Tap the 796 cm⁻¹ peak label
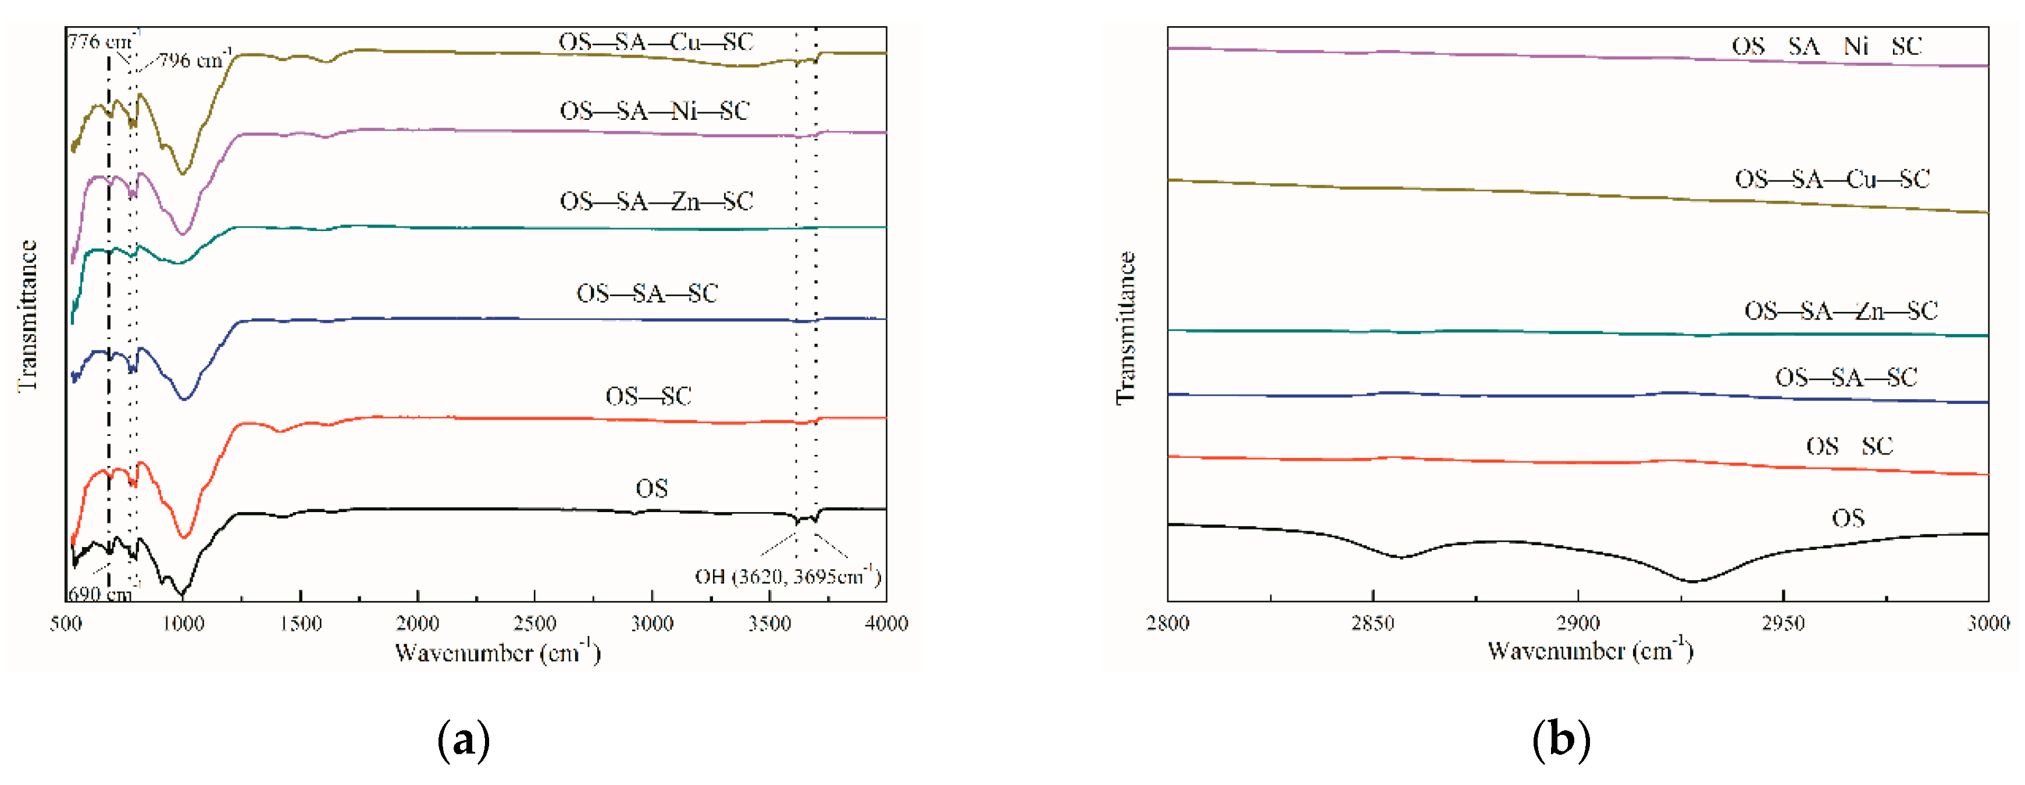[x=192, y=60]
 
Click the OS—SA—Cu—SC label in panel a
[x=655, y=42]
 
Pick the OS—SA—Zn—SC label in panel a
[x=655, y=201]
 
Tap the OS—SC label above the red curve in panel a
[x=648, y=396]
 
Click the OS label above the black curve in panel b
[x=1848, y=517]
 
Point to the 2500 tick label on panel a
[x=534, y=624]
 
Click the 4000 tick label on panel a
[x=886, y=624]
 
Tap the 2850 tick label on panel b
[x=1372, y=624]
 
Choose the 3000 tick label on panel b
[x=1988, y=624]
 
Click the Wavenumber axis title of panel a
[x=497, y=652]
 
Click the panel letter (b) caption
[x=1561, y=740]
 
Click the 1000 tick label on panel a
[x=183, y=624]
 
